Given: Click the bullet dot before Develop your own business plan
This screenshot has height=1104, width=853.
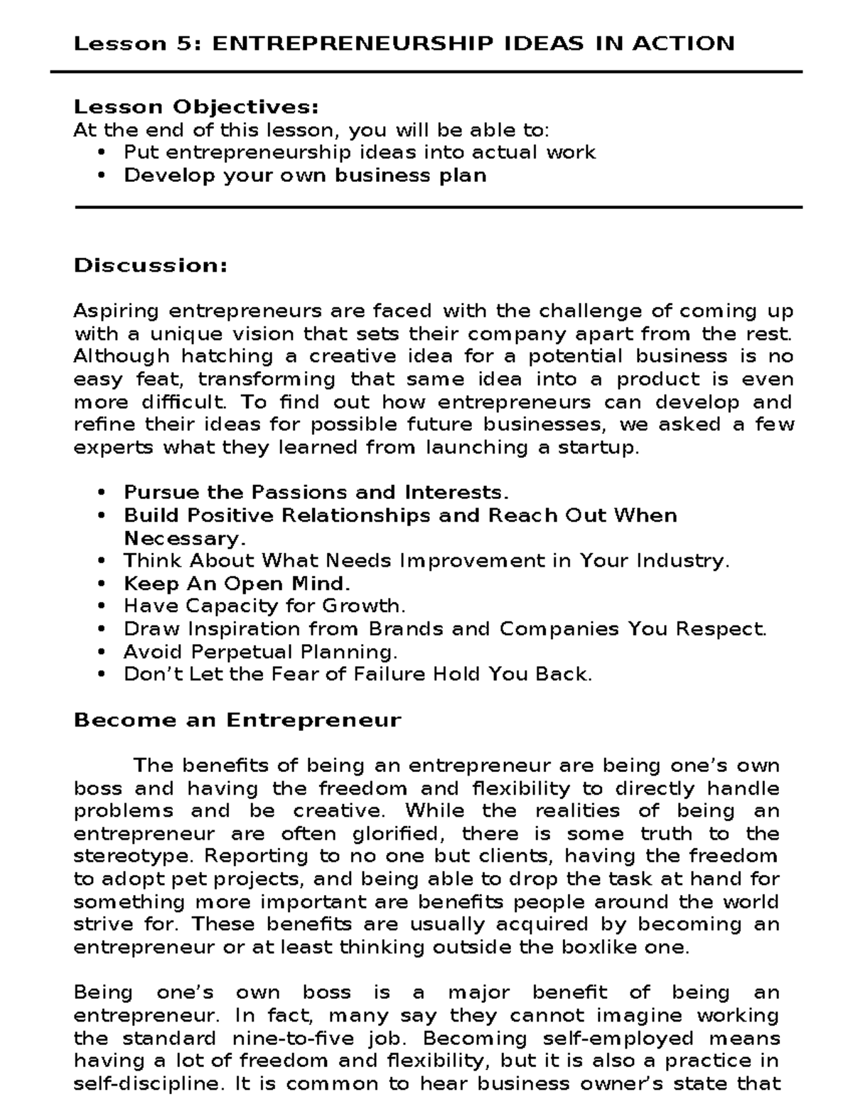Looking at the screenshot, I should (x=103, y=176).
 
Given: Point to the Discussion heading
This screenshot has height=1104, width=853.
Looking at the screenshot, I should (x=151, y=266).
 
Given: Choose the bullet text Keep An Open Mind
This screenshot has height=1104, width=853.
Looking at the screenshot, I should (x=237, y=584).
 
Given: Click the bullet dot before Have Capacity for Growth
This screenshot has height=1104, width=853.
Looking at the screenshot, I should (x=103, y=606).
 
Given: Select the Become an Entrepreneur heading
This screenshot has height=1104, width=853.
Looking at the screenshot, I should (x=237, y=720).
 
